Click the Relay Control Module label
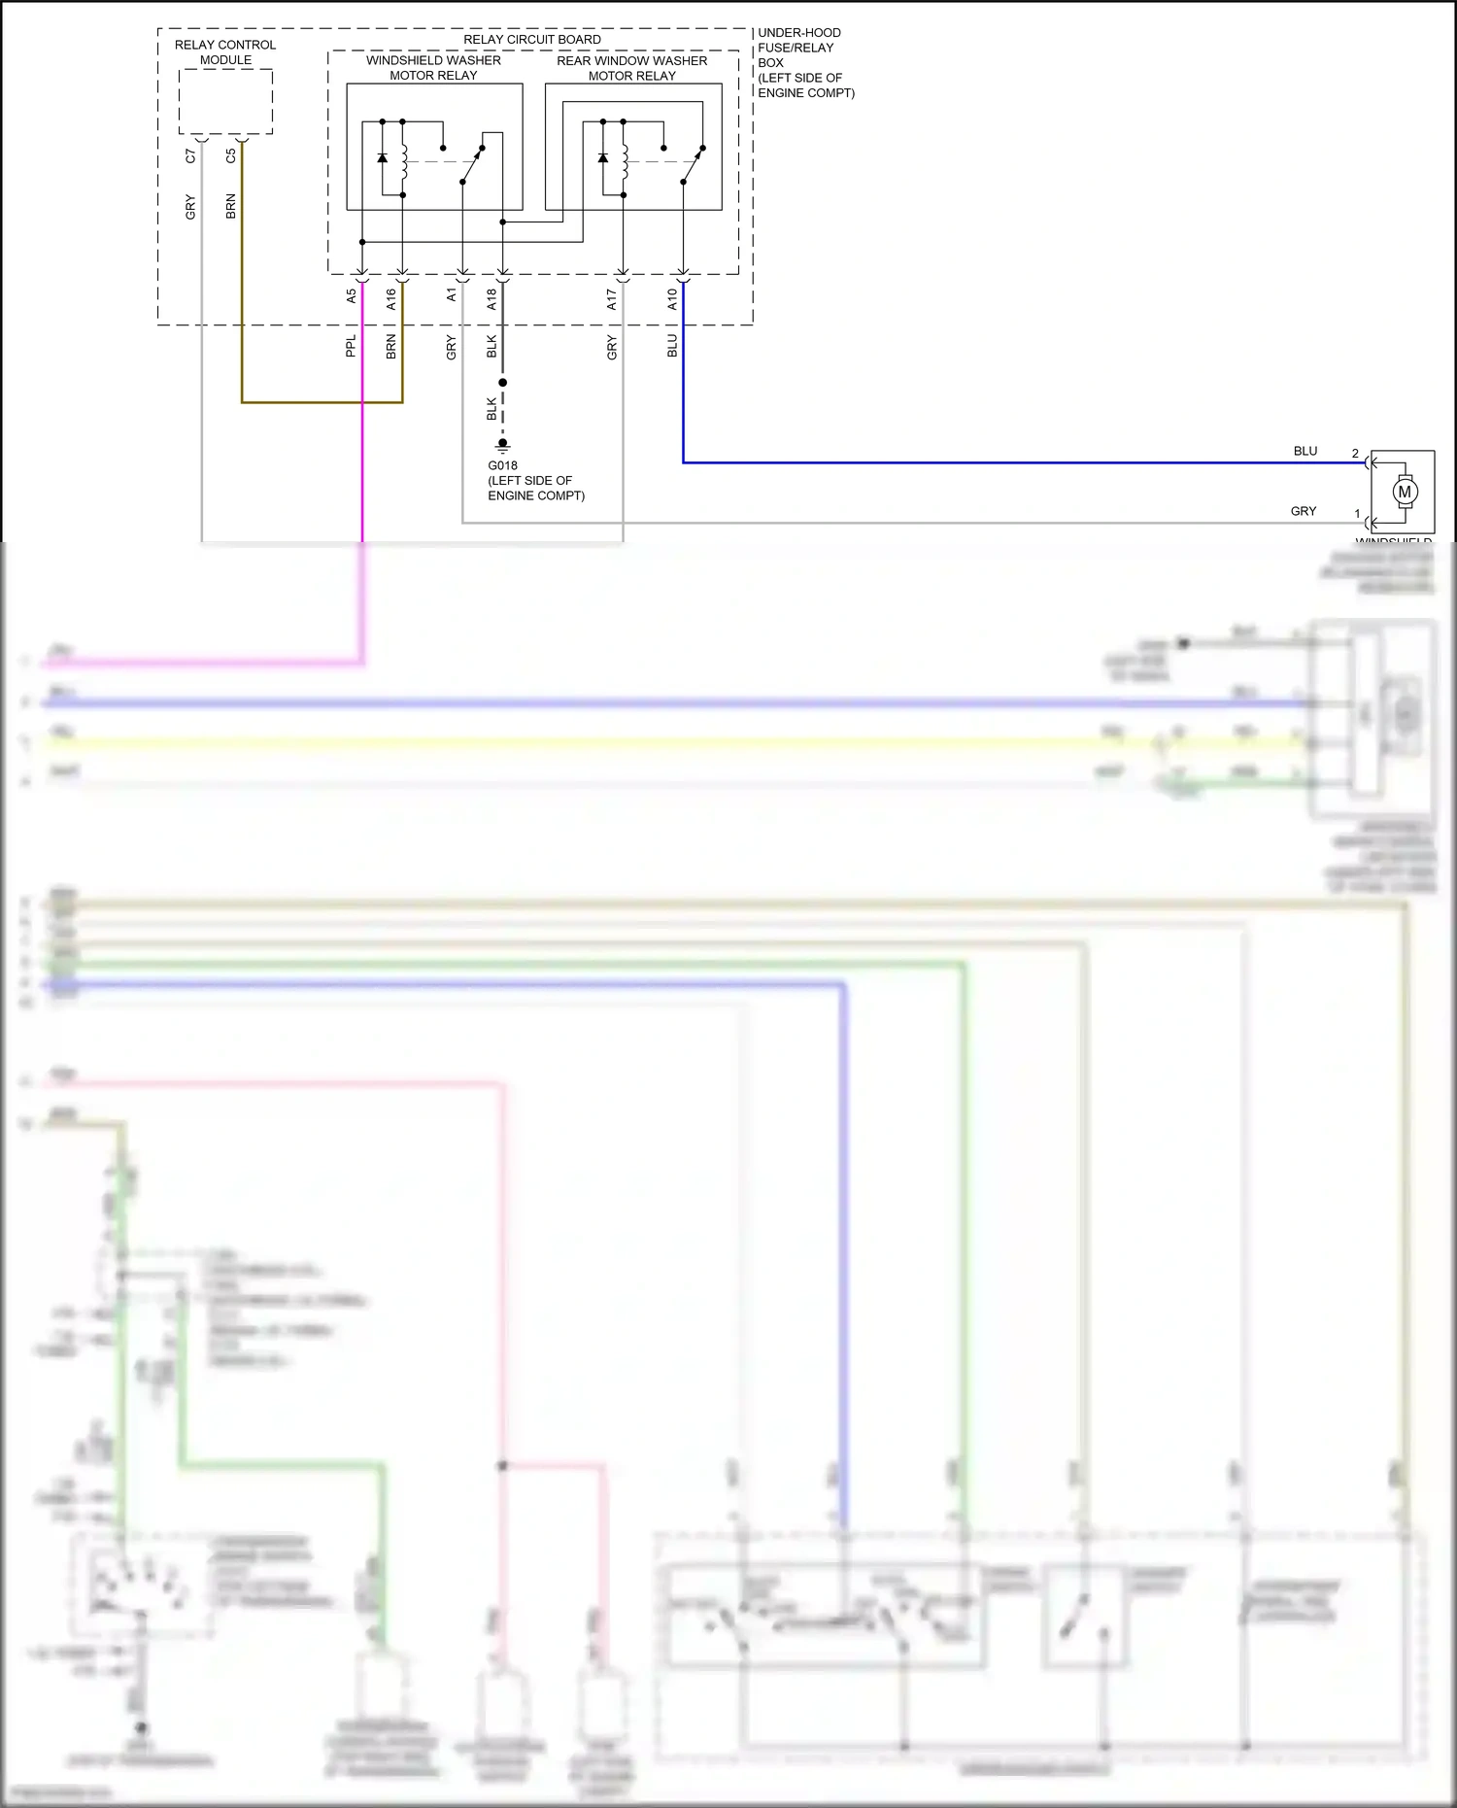[225, 52]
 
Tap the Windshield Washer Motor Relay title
[433, 68]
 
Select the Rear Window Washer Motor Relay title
[631, 68]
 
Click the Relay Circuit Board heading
[531, 40]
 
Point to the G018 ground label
[502, 466]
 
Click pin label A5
[352, 296]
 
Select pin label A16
[391, 298]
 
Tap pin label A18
[491, 298]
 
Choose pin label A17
[612, 298]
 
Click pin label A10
[672, 298]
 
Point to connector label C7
[191, 155]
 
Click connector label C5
[231, 155]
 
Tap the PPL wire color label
[352, 346]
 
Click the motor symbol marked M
[1405, 493]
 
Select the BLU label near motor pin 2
[1305, 451]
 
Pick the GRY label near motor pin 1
[1304, 511]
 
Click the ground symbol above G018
[502, 446]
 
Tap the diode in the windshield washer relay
[382, 157]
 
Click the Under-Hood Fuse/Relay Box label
[804, 62]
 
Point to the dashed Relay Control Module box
[225, 102]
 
